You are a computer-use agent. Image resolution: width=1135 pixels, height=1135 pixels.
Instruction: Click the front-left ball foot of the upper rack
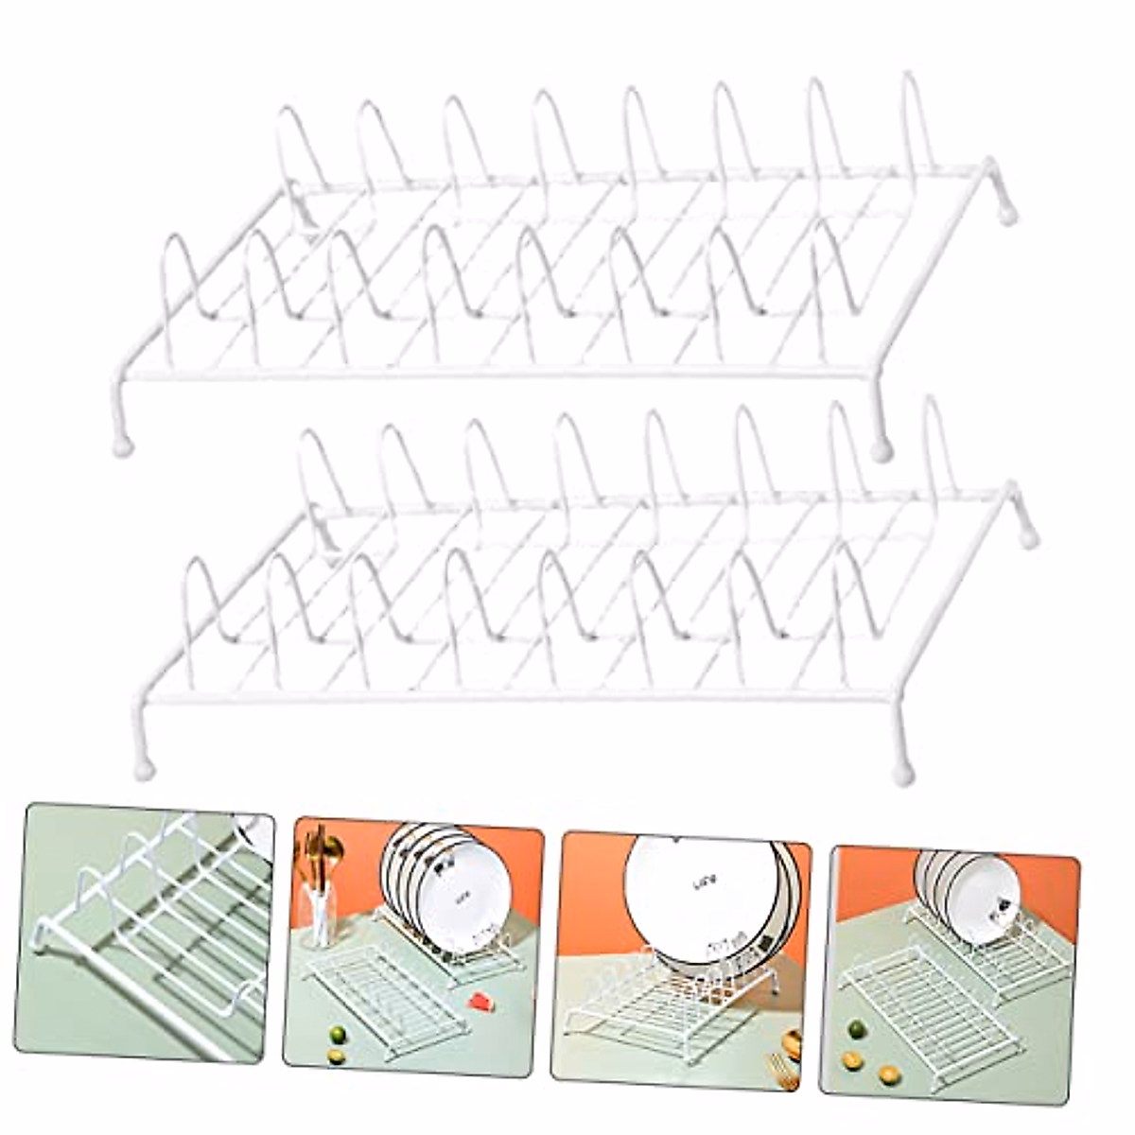pos(123,445)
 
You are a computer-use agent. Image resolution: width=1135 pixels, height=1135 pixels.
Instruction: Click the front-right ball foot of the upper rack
pos(882,450)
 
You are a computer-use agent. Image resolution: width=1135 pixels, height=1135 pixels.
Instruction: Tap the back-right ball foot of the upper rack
pos(1008,216)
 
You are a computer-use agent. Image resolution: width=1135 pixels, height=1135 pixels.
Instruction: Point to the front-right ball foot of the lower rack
pos(903,774)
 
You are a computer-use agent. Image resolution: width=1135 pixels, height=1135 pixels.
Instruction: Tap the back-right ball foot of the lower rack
pos(1029,537)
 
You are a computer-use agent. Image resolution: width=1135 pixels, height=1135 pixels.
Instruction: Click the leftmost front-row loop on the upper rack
pos(180,274)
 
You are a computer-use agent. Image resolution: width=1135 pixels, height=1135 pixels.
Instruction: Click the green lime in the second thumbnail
pos(334,1033)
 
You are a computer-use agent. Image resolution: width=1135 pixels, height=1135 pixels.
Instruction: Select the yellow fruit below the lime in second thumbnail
pos(336,1056)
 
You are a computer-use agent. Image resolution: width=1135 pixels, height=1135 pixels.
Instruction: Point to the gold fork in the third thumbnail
pos(781,1069)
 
